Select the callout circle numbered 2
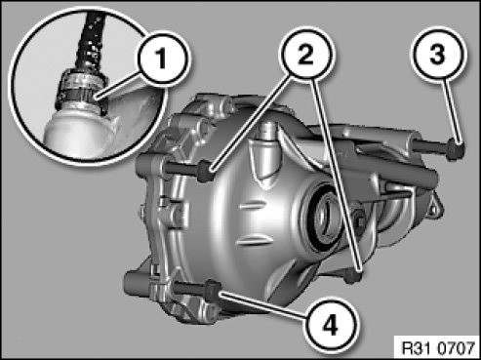(x=306, y=54)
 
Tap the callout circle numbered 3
(x=437, y=54)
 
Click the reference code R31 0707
(x=438, y=348)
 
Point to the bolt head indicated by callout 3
(x=456, y=149)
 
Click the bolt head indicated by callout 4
(x=213, y=291)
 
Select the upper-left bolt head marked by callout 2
(x=206, y=171)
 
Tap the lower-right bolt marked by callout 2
(x=354, y=276)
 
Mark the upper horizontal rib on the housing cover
(x=251, y=206)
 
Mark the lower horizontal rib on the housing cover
(x=256, y=240)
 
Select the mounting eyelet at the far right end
(x=434, y=207)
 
